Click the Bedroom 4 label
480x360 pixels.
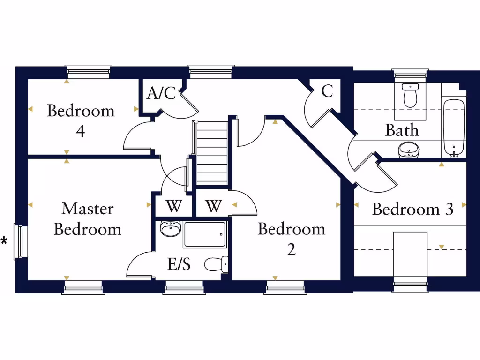[x=81, y=120]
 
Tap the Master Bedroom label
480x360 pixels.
[x=88, y=218]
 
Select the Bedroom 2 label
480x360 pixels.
[x=291, y=239]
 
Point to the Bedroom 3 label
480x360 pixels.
[x=412, y=209]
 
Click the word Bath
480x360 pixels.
[x=402, y=130]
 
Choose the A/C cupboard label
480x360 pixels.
[x=161, y=93]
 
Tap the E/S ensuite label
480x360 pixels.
[x=179, y=265]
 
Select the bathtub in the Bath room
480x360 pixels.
[x=453, y=127]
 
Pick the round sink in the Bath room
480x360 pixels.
[x=408, y=150]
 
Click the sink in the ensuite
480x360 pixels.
[x=170, y=228]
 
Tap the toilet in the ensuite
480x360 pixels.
[x=216, y=264]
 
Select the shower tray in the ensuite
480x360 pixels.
[x=204, y=234]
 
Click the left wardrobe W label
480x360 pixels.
[x=173, y=206]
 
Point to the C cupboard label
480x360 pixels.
[x=327, y=91]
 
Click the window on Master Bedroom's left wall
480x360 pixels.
[x=20, y=241]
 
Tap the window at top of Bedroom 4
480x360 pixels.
[x=89, y=71]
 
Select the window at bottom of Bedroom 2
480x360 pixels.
[x=285, y=287]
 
